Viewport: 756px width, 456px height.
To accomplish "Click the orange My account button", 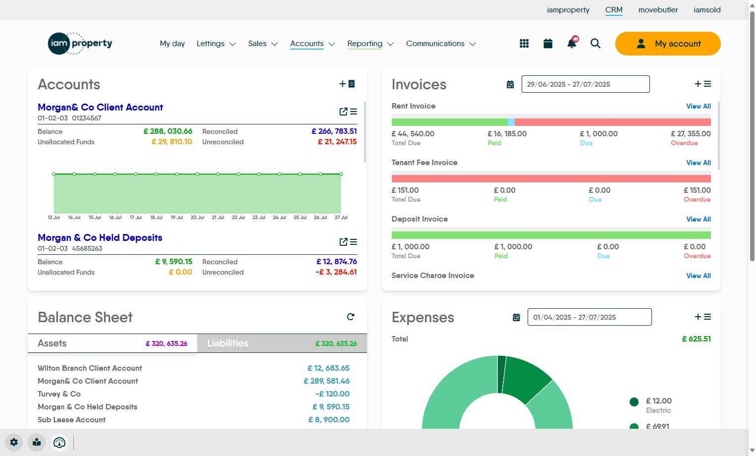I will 667,44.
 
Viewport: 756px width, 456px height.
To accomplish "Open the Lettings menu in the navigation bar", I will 216,44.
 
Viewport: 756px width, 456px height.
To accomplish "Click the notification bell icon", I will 572,44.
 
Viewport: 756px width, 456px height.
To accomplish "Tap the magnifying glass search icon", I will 595,44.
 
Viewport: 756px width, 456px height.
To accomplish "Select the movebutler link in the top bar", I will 658,10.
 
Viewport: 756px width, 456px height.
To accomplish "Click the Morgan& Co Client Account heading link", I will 100,108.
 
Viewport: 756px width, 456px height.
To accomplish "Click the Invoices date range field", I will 585,84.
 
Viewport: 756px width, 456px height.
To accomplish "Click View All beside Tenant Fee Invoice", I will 698,163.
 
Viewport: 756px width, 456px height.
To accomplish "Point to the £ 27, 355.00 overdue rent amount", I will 691,134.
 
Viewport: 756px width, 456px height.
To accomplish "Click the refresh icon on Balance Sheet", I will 351,317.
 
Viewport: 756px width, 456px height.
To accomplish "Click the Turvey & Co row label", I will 59,394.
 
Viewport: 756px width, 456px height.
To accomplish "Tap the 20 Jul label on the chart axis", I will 197,218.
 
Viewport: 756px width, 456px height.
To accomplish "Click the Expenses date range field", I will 589,317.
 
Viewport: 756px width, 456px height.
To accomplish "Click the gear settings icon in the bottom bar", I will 14,442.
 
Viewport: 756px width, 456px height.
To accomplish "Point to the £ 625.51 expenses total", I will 696,339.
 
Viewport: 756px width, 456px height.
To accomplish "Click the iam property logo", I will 80,44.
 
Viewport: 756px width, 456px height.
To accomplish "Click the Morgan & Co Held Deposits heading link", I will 100,238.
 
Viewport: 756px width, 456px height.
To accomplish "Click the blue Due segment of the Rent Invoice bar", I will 511,122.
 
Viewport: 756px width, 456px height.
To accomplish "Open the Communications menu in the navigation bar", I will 440,44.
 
